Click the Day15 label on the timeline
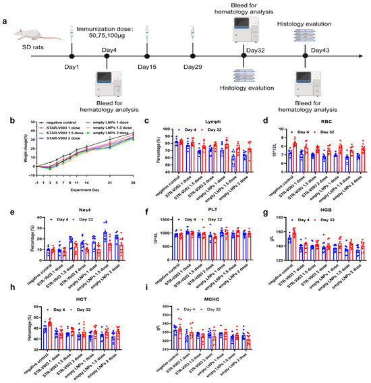147,67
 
